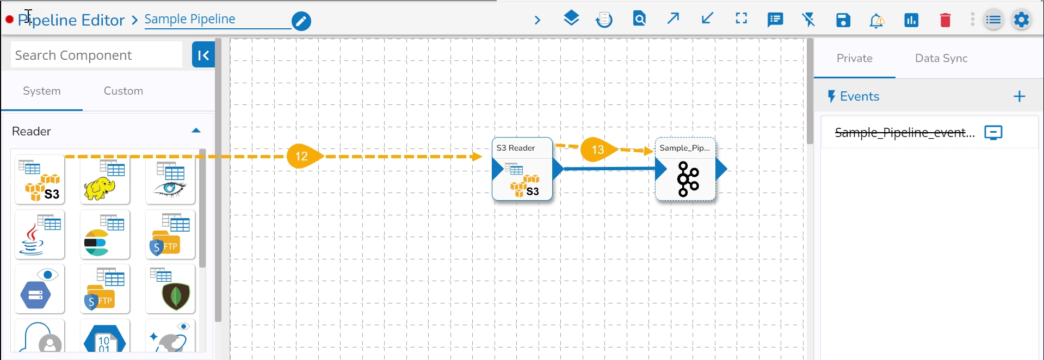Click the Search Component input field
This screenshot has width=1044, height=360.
click(x=96, y=55)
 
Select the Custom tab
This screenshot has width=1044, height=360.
click(x=123, y=91)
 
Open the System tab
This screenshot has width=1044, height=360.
click(x=42, y=91)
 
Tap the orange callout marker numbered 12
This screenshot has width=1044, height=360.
click(x=302, y=157)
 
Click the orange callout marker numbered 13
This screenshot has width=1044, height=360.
click(x=597, y=150)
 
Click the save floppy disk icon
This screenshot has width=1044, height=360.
click(x=843, y=21)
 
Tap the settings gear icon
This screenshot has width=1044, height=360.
click(x=1021, y=20)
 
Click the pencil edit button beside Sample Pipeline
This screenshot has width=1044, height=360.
click(x=301, y=21)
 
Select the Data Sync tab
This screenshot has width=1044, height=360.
click(x=941, y=58)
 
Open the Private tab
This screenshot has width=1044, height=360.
click(x=854, y=58)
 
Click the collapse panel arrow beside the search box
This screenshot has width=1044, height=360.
click(x=203, y=55)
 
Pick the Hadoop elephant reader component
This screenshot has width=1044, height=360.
click(x=105, y=180)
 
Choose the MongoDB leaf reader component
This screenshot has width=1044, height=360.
click(x=170, y=289)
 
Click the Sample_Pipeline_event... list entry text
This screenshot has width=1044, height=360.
click(x=904, y=133)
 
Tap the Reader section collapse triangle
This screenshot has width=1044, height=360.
click(x=196, y=131)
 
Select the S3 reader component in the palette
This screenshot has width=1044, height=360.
click(x=40, y=180)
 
